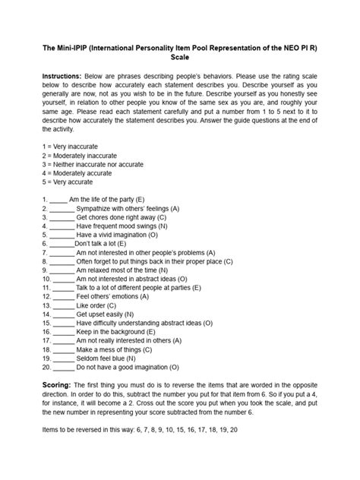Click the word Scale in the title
coord(180,56)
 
